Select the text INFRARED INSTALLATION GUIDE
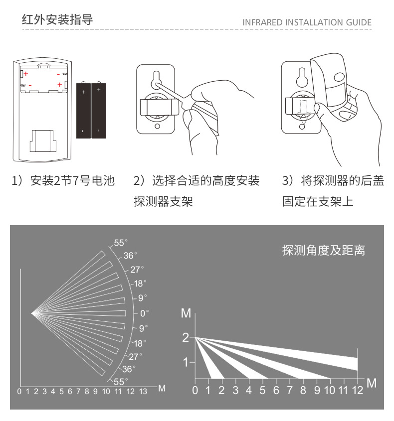pyautogui.click(x=307, y=22)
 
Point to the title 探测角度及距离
pyautogui.click(x=323, y=250)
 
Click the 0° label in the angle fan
pyautogui.click(x=144, y=313)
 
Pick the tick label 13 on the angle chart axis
pyautogui.click(x=143, y=392)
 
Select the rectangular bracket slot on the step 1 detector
pyautogui.click(x=42, y=140)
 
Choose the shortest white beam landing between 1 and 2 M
pyautogui.click(x=209, y=364)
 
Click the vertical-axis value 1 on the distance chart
pyautogui.click(x=186, y=362)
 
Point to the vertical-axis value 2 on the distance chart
pyautogui.click(x=186, y=338)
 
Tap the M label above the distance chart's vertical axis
pyautogui.click(x=186, y=313)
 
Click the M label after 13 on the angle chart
pyautogui.click(x=162, y=388)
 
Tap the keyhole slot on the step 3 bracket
pyautogui.click(x=301, y=76)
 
